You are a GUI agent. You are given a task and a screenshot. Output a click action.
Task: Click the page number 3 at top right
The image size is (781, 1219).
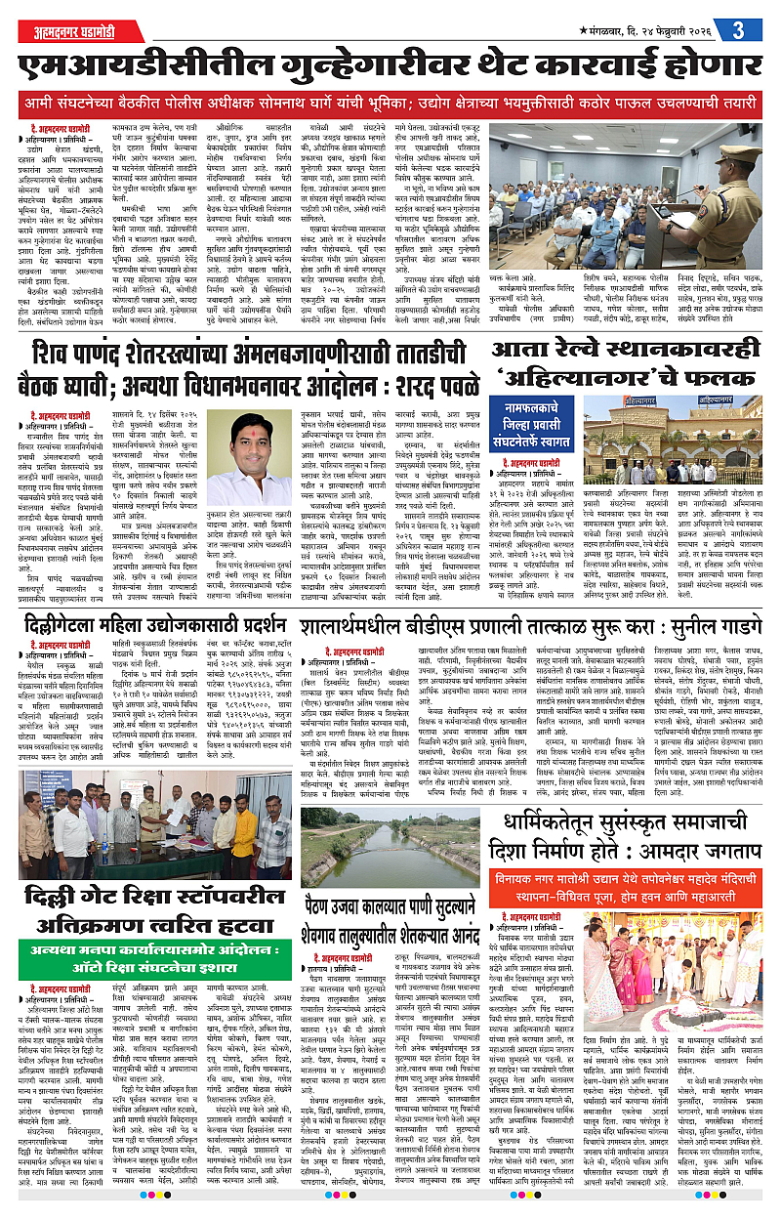(738, 28)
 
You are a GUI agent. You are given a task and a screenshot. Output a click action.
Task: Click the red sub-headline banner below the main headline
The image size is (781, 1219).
(390, 103)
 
